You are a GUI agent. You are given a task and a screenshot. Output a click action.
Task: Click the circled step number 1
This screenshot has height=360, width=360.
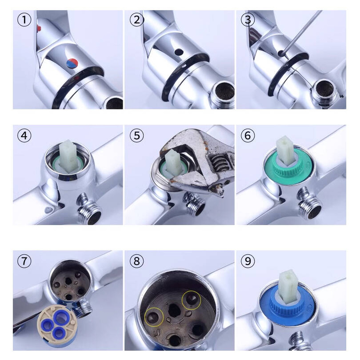coord(24,19)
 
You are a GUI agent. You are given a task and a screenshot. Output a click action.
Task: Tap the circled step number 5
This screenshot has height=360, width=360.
coord(137,135)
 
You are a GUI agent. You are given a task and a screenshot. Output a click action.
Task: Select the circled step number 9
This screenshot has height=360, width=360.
coord(248,261)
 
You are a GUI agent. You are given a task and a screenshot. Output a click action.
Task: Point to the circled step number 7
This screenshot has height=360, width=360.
coord(24,261)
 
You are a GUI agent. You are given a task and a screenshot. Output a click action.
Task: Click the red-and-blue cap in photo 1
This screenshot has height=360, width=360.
coord(72,63)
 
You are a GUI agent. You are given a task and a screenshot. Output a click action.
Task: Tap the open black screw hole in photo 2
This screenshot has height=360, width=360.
coord(179,52)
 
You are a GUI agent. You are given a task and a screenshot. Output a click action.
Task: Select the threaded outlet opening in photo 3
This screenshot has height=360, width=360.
coord(324,89)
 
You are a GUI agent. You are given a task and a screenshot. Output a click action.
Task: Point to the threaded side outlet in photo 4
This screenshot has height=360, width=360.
coord(90,208)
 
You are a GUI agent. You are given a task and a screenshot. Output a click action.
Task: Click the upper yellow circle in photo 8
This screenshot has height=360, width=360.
coord(191,300)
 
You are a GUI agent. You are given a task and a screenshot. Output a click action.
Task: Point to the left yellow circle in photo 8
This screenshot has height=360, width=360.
coord(154,317)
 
